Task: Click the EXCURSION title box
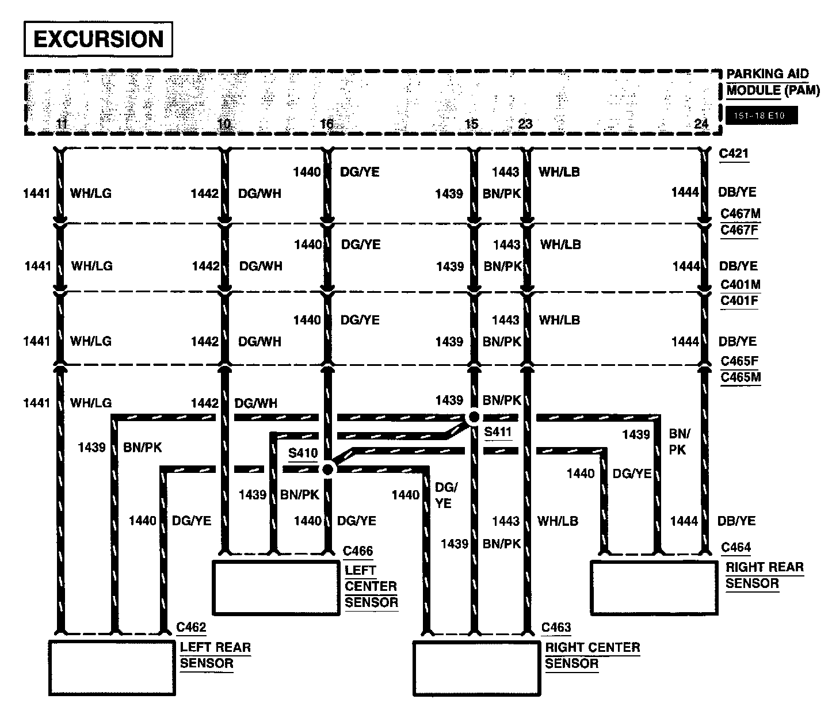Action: pos(98,39)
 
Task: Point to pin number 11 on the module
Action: pos(62,124)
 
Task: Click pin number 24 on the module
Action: pos(701,124)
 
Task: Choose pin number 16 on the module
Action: pos(326,124)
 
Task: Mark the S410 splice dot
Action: pos(327,469)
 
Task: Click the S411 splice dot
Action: pos(474,417)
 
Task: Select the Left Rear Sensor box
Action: pos(112,667)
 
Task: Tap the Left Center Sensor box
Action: pos(276,587)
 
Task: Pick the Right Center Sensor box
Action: pos(476,667)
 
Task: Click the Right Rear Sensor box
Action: pos(654,587)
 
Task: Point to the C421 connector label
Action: pos(734,154)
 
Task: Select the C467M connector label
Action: pos(740,213)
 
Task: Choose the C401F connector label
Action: pos(739,300)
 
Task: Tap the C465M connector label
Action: pos(741,377)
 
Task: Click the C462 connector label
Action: pos(191,627)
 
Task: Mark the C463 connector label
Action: pos(556,627)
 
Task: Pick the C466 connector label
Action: pos(358,551)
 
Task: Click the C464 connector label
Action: pos(736,547)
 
